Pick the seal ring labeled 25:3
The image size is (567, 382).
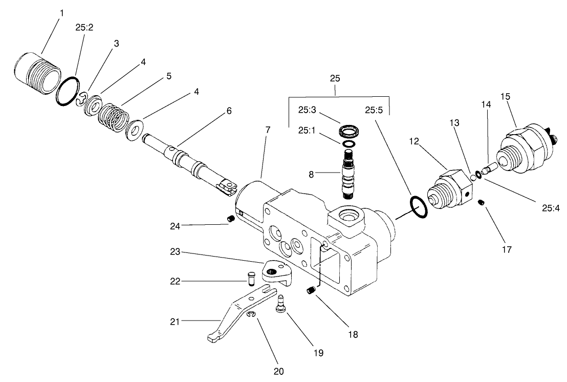tap(351, 131)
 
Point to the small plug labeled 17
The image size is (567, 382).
tap(482, 203)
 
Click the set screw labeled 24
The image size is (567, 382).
tap(231, 219)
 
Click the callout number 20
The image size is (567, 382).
tap(279, 370)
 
